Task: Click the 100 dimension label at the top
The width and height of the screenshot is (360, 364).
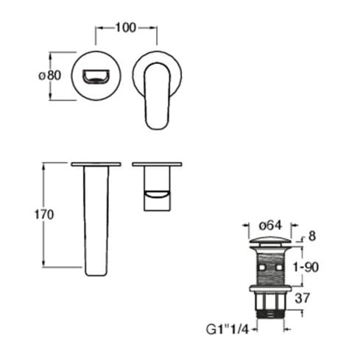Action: pyautogui.click(x=125, y=28)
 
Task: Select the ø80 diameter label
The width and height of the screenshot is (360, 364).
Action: pyautogui.click(x=50, y=75)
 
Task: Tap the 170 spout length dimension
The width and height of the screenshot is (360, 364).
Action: pyautogui.click(x=44, y=215)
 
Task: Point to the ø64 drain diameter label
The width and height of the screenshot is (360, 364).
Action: pyautogui.click(x=270, y=225)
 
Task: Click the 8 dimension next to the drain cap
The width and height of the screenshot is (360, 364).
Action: pyautogui.click(x=311, y=236)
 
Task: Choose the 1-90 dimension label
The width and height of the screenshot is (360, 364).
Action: pyautogui.click(x=306, y=267)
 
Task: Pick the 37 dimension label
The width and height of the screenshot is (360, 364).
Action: pyautogui.click(x=302, y=299)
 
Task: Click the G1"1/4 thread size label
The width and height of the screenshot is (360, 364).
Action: pyautogui.click(x=227, y=329)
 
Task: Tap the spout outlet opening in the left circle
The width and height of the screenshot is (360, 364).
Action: pyautogui.click(x=96, y=76)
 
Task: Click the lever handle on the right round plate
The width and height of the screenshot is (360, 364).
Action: pyautogui.click(x=158, y=96)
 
